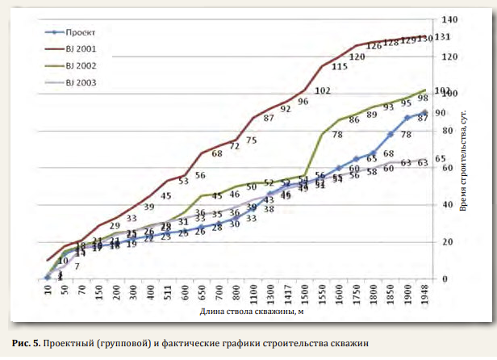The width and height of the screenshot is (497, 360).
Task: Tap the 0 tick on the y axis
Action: point(445,279)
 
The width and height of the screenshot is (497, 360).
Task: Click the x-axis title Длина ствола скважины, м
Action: point(242,309)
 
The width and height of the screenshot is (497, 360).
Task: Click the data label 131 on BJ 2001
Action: point(441,38)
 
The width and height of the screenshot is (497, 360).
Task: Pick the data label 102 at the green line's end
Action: point(442,91)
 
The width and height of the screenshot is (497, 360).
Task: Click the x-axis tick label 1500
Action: point(303,292)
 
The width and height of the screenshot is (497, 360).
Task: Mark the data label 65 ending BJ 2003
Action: point(441,159)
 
